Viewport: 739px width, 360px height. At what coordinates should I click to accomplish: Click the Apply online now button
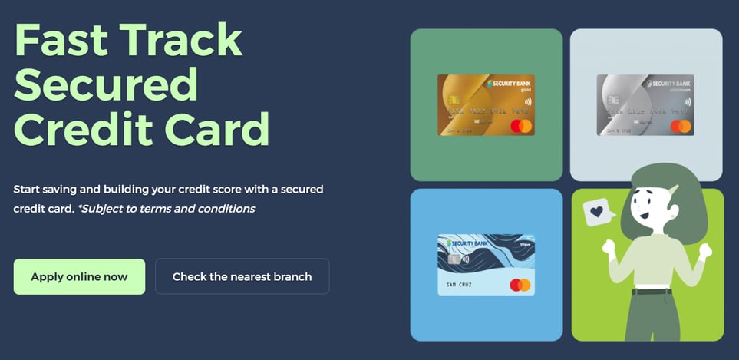pyautogui.click(x=79, y=276)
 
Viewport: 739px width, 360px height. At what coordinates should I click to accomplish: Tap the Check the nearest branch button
pyautogui.click(x=242, y=276)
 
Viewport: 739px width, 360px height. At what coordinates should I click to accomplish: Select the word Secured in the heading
pyautogui.click(x=106, y=84)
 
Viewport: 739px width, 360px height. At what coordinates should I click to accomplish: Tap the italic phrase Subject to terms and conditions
pyautogui.click(x=167, y=208)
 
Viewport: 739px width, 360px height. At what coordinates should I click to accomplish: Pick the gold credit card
pyautogui.click(x=486, y=104)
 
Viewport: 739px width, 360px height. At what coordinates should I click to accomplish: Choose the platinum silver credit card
pyautogui.click(x=645, y=104)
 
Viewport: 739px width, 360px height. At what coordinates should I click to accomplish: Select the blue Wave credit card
pyautogui.click(x=486, y=264)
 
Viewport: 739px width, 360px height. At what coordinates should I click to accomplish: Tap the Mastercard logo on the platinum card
pyautogui.click(x=680, y=125)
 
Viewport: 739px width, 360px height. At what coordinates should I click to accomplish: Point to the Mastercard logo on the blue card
pyautogui.click(x=520, y=285)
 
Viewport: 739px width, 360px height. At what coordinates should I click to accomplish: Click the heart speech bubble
pyautogui.click(x=598, y=212)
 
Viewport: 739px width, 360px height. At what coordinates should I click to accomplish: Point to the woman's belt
pyautogui.click(x=652, y=292)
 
